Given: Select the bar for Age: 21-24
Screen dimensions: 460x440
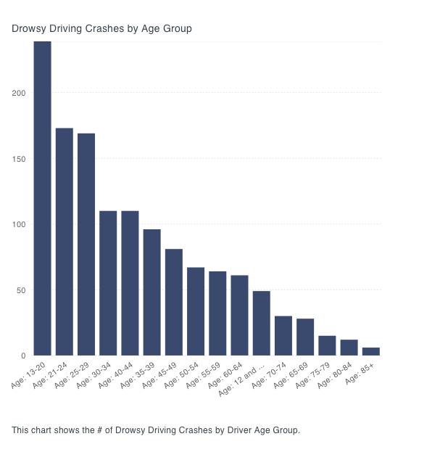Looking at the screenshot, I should click(x=65, y=242).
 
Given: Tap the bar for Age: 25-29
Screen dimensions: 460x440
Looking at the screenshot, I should click(x=86, y=244).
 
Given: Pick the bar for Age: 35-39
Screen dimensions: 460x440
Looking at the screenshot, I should click(x=151, y=292).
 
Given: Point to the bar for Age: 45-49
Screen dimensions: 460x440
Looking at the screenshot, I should click(x=174, y=302).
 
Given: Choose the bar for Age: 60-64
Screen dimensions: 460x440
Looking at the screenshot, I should click(x=239, y=315).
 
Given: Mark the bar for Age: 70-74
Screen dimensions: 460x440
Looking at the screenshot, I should click(x=283, y=335).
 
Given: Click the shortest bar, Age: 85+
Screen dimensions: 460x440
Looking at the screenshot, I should click(x=370, y=351).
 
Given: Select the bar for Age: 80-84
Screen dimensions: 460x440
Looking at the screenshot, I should click(x=349, y=348).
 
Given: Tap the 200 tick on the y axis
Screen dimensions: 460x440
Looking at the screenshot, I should click(x=19, y=93).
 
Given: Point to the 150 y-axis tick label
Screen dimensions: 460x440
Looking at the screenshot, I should click(x=19, y=159).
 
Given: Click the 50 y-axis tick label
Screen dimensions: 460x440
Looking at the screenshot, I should click(x=21, y=290).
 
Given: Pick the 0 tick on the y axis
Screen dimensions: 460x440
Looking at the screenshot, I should click(x=23, y=356).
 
